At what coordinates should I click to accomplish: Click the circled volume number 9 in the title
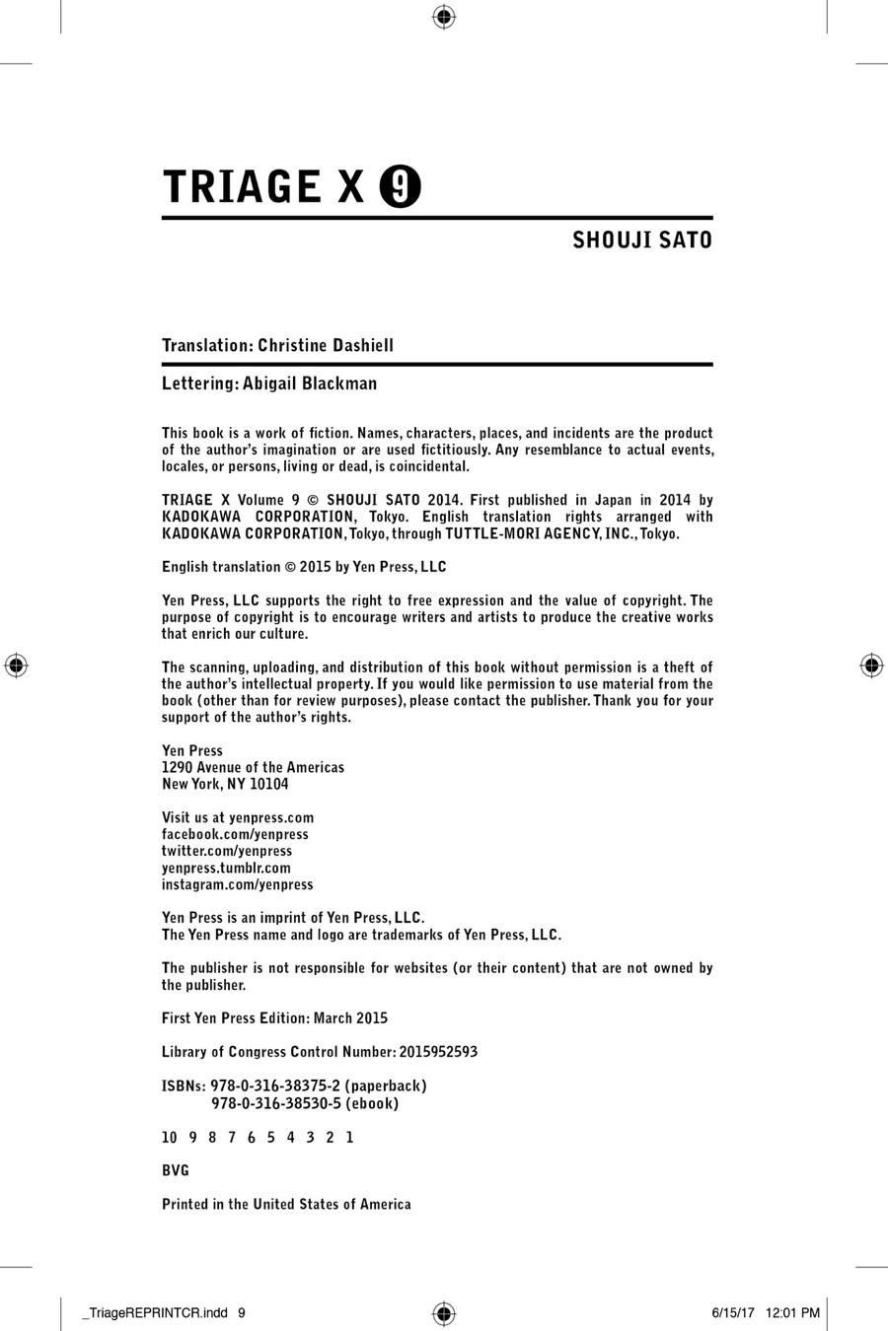coord(401,187)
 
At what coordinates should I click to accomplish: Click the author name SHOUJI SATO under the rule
coord(642,241)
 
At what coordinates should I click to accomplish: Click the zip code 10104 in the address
coord(269,785)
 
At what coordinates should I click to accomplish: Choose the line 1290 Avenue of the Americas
coord(254,768)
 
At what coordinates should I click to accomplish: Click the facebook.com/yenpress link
coord(235,835)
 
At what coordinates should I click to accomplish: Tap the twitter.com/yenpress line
coord(227,852)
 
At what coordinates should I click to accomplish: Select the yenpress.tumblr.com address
coord(226,869)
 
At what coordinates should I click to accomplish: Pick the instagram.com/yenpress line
coord(238,885)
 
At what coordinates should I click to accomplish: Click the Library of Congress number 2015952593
coord(438,1052)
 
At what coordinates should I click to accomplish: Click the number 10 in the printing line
coord(170,1138)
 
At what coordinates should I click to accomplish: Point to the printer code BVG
coord(176,1171)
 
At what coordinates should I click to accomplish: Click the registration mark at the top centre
coord(444,16)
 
